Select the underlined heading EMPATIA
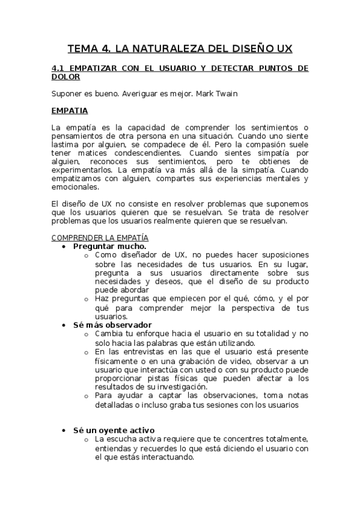(70, 111)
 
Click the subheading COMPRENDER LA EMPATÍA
(100, 238)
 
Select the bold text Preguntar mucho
(109, 246)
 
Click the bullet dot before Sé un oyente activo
(65, 431)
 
